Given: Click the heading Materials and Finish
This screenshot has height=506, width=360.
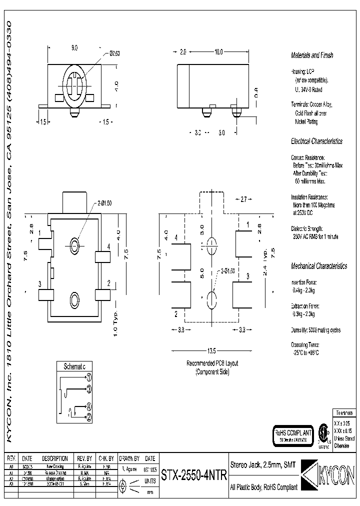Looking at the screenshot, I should point(312,55).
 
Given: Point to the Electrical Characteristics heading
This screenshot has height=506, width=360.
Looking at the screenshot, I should point(316,141).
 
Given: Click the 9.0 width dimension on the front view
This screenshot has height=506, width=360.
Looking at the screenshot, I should point(74,48).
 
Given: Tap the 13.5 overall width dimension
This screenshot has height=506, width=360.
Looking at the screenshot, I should point(211,349).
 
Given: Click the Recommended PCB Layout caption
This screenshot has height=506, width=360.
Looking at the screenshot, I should point(212,363).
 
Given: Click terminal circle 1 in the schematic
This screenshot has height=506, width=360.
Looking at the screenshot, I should point(88,377).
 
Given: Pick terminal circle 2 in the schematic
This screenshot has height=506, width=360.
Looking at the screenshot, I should point(88,416).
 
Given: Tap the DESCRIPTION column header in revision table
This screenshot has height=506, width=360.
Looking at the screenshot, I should point(55,458).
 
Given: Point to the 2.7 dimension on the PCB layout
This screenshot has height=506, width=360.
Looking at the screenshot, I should point(243,199).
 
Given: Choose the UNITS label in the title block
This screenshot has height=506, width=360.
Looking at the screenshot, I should point(150,480).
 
